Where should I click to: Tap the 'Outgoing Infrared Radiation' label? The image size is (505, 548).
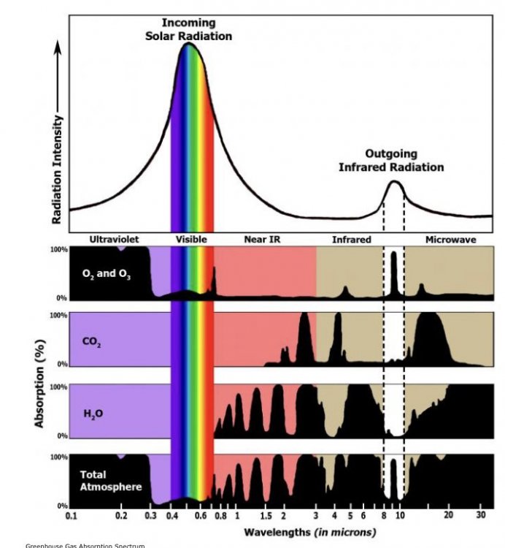(x=390, y=161)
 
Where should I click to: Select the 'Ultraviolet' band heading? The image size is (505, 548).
(x=114, y=239)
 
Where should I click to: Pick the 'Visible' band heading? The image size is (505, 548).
(x=191, y=239)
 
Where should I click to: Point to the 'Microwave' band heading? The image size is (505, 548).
(x=450, y=239)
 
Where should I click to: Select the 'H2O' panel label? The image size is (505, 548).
(x=93, y=414)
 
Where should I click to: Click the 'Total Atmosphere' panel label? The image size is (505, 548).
(x=101, y=479)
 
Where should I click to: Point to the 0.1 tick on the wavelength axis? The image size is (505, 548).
(x=72, y=516)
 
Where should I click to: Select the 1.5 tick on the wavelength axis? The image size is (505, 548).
(x=266, y=516)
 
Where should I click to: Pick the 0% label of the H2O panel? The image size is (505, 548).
(x=62, y=436)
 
